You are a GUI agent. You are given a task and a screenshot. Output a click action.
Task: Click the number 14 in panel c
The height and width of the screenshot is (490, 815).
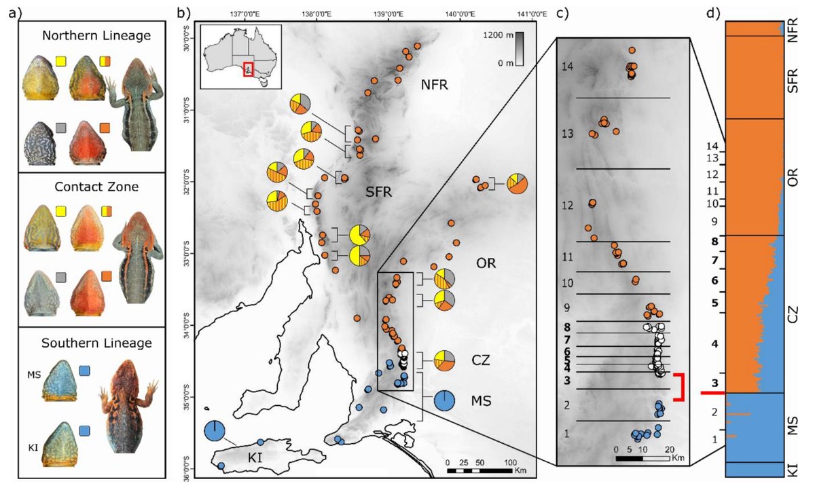[568, 67]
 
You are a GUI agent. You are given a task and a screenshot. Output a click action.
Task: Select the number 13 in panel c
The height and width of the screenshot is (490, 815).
[568, 134]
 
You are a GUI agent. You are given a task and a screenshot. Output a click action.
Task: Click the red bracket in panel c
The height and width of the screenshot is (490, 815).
[681, 386]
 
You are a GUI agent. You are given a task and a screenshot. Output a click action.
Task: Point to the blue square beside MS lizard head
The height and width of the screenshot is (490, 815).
[85, 371]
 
